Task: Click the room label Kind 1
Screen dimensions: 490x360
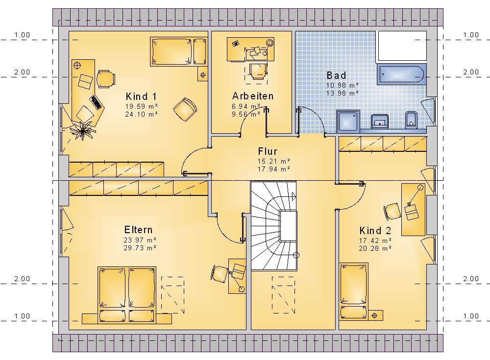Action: [x=141, y=96]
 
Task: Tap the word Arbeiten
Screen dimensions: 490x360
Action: [x=253, y=96]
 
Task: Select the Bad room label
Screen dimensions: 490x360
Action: [x=337, y=75]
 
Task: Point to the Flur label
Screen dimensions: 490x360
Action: [x=268, y=151]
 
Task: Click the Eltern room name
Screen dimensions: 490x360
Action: [x=139, y=230]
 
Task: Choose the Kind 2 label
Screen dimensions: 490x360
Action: [x=375, y=231]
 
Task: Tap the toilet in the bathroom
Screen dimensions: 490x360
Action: [x=411, y=120]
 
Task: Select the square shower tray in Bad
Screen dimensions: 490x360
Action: [x=348, y=121]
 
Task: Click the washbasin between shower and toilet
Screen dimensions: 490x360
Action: [x=380, y=121]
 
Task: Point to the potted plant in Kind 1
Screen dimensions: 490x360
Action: [x=82, y=131]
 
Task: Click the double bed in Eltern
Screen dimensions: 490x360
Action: [x=127, y=295]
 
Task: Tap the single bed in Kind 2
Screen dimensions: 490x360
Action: [x=353, y=291]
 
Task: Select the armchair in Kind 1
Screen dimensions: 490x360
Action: [x=185, y=109]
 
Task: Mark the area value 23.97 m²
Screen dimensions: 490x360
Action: [x=140, y=240]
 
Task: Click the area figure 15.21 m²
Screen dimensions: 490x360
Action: [x=274, y=161]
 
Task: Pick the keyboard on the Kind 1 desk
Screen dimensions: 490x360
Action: [x=97, y=102]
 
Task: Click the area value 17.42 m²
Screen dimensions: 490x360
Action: [x=375, y=240]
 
